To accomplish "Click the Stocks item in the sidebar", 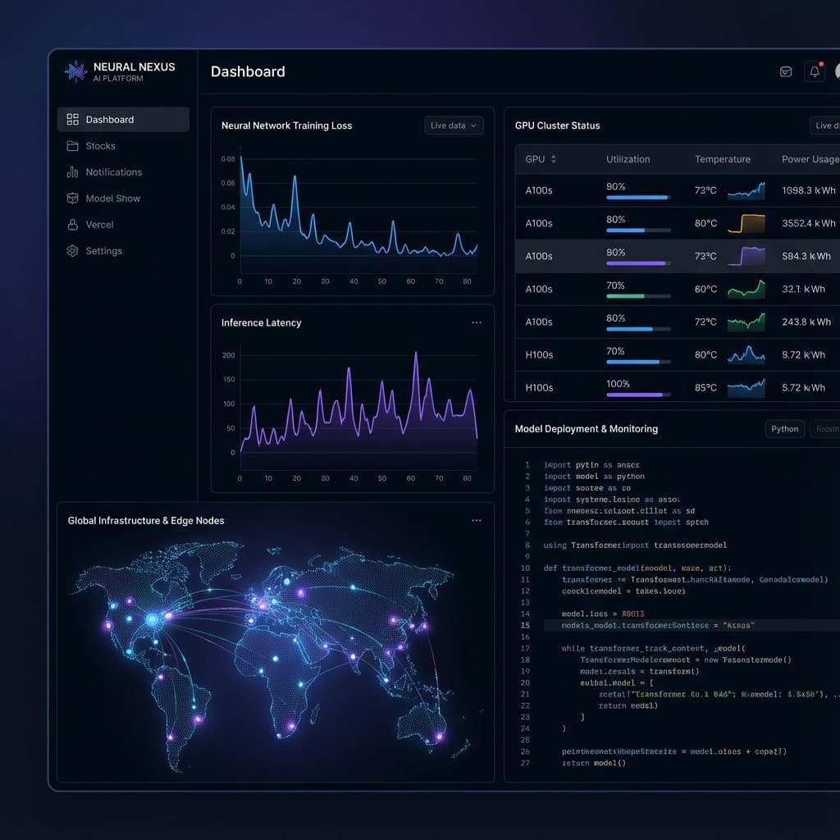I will (x=100, y=146).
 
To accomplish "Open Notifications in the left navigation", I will (x=113, y=172).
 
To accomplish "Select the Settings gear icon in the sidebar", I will (x=72, y=251).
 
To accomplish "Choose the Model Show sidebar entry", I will (x=112, y=199).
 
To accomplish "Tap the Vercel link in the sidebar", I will (x=99, y=225).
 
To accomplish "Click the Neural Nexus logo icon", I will (x=75, y=72).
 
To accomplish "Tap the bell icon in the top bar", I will (x=815, y=71).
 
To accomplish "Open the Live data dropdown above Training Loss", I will (x=454, y=126).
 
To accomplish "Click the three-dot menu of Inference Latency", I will (x=477, y=322).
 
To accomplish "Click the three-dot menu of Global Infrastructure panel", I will (x=477, y=520).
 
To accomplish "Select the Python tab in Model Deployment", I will (x=784, y=429).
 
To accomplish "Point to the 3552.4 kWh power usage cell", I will (x=809, y=223).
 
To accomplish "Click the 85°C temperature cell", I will (x=705, y=387).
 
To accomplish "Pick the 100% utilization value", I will (x=618, y=384).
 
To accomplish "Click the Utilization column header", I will (x=628, y=159).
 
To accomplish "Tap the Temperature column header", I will (x=722, y=159).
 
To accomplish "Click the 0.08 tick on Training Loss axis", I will (x=228, y=159).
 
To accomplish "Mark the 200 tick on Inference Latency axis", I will (x=228, y=355).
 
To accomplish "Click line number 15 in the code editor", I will (x=525, y=625).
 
